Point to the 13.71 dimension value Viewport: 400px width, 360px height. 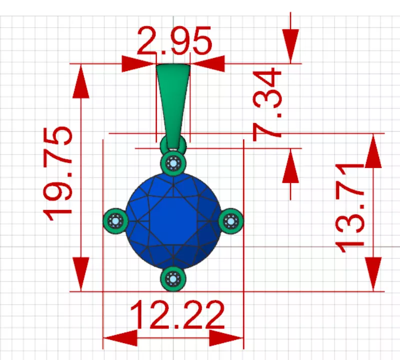point(349,206)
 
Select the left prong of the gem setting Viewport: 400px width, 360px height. point(115,220)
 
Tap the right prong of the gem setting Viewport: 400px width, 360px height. point(231,220)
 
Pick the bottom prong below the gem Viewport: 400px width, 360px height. point(173,278)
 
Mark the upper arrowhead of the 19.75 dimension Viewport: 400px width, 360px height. point(80,80)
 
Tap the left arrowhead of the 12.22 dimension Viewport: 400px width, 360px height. point(120,338)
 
